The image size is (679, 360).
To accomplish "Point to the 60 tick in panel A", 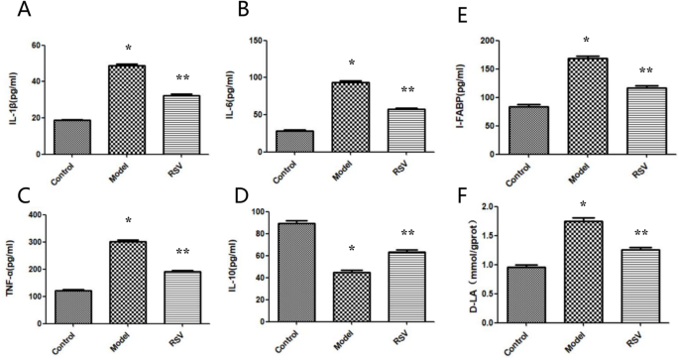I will tap(34, 46).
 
